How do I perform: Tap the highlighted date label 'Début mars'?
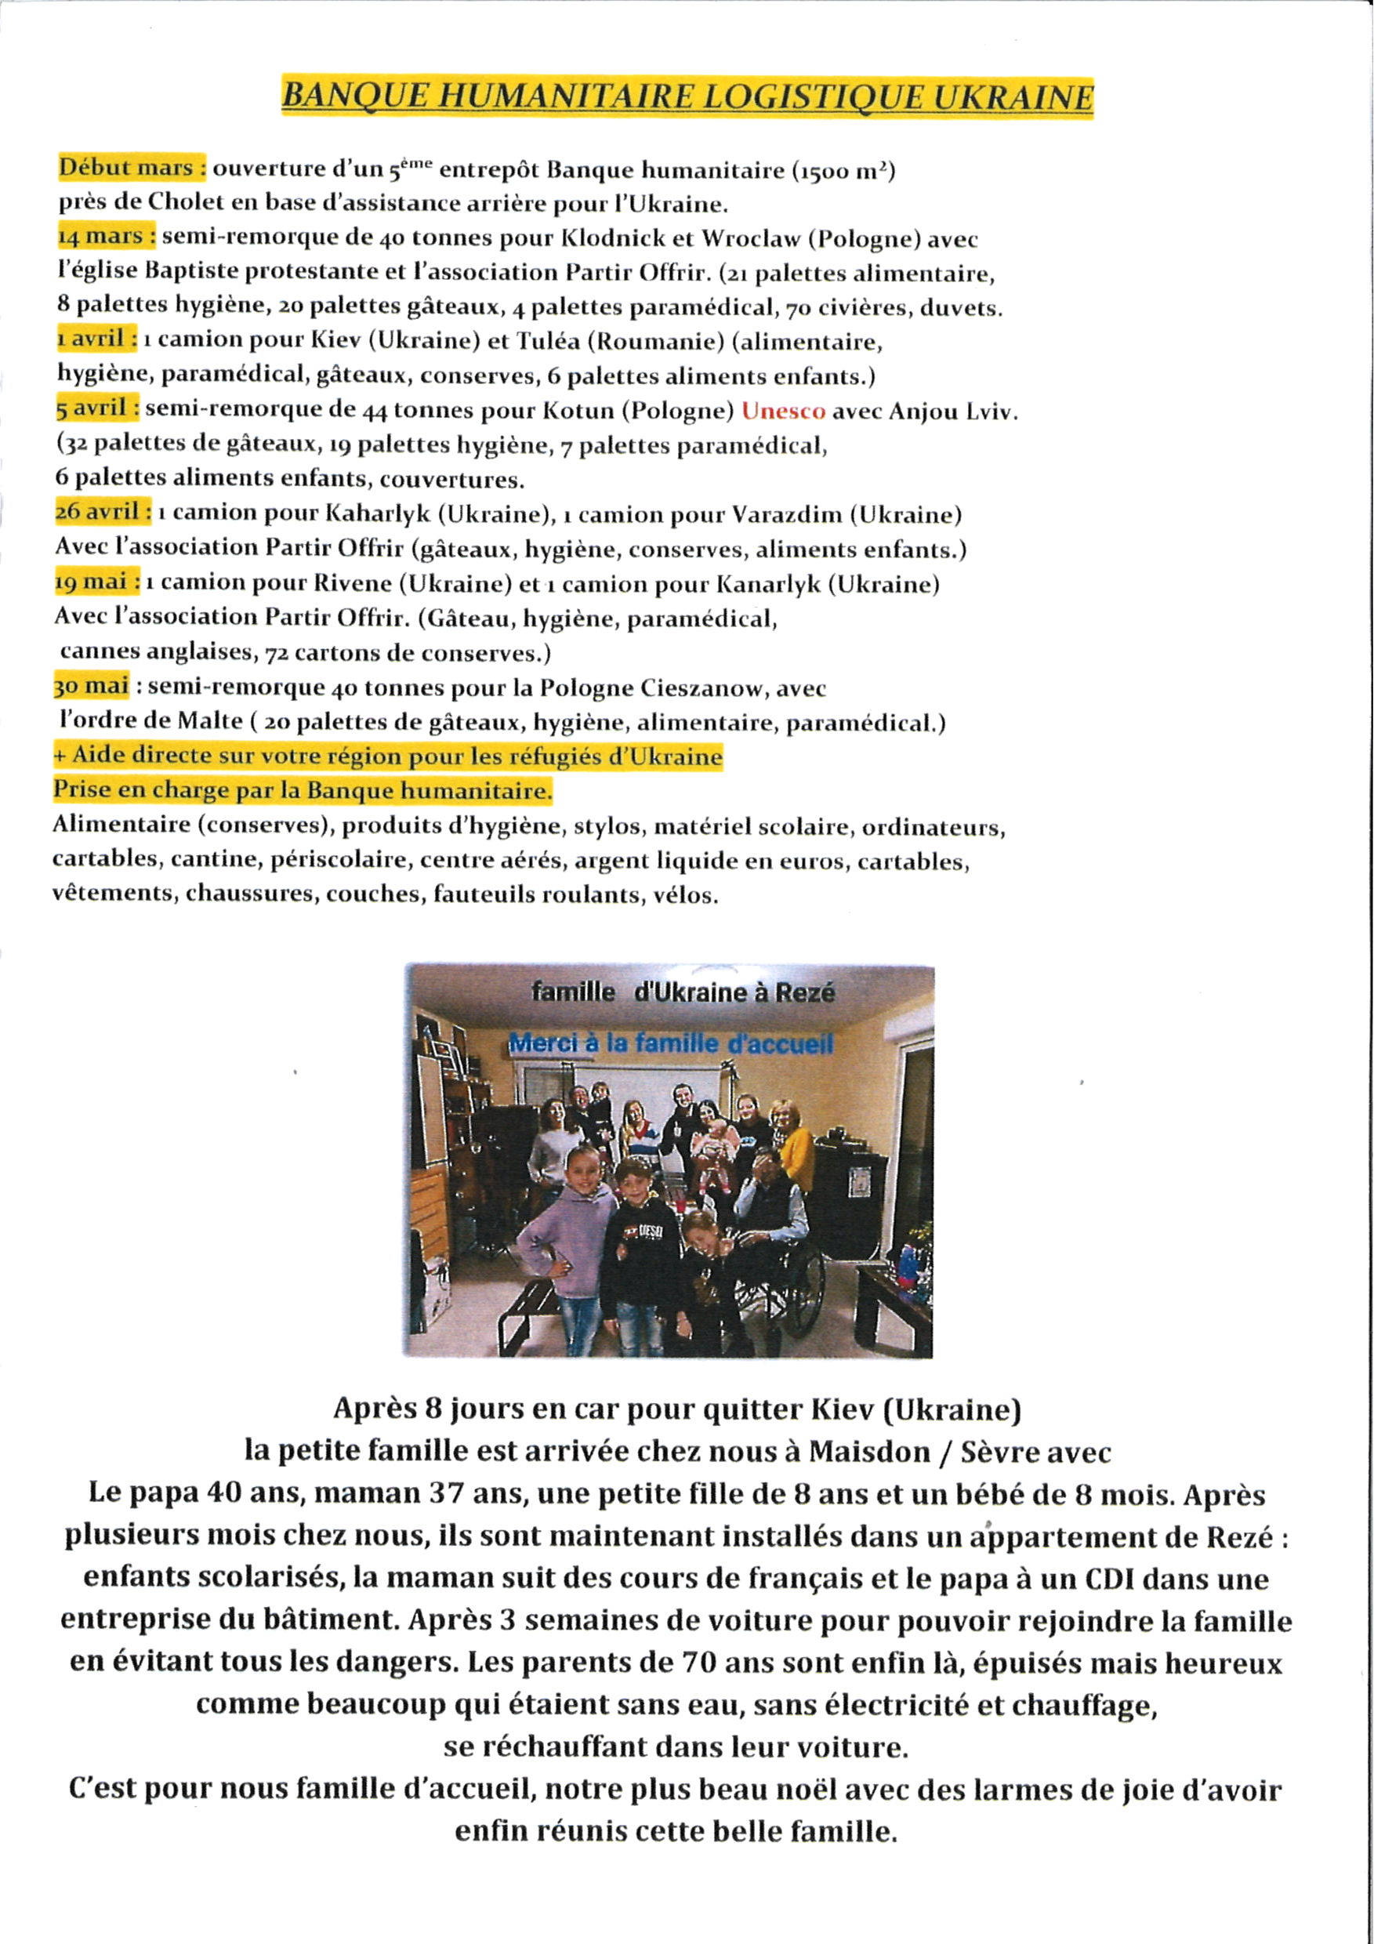(x=130, y=168)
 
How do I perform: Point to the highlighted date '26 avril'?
(x=102, y=512)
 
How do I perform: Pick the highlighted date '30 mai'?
(x=92, y=685)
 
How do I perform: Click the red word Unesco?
(x=783, y=412)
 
